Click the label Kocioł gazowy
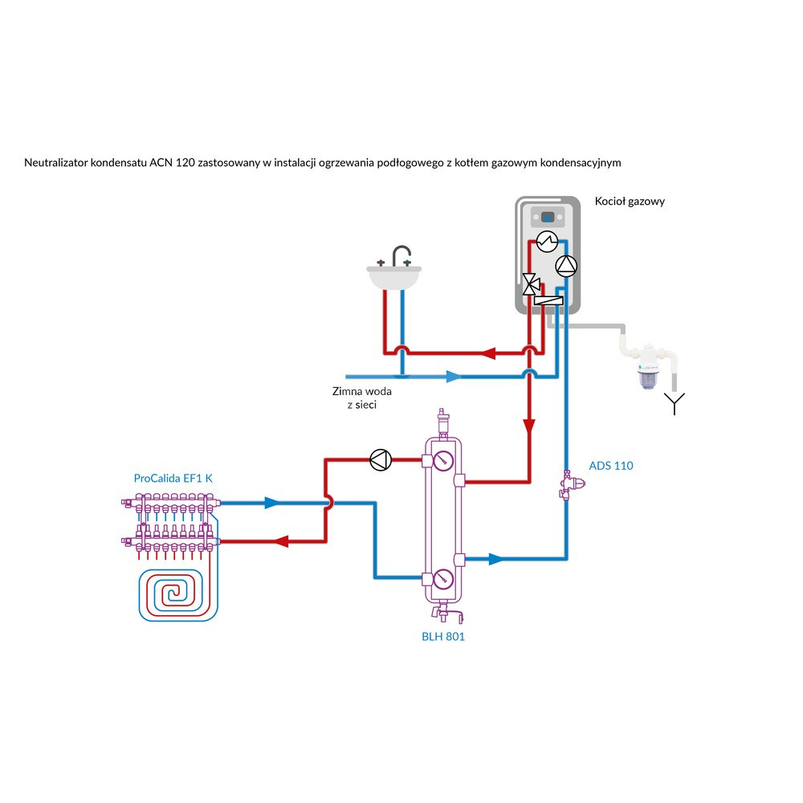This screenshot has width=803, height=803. click(630, 202)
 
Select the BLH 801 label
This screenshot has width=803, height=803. click(442, 637)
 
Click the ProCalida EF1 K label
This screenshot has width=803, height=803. click(173, 478)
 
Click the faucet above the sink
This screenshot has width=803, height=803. click(399, 255)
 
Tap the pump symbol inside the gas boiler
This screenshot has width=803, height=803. click(565, 265)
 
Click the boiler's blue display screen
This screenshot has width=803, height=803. click(548, 217)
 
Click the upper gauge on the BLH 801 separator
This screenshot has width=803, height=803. click(442, 461)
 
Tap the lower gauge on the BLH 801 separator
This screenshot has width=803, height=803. click(442, 579)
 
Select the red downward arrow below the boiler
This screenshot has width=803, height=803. click(529, 427)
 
